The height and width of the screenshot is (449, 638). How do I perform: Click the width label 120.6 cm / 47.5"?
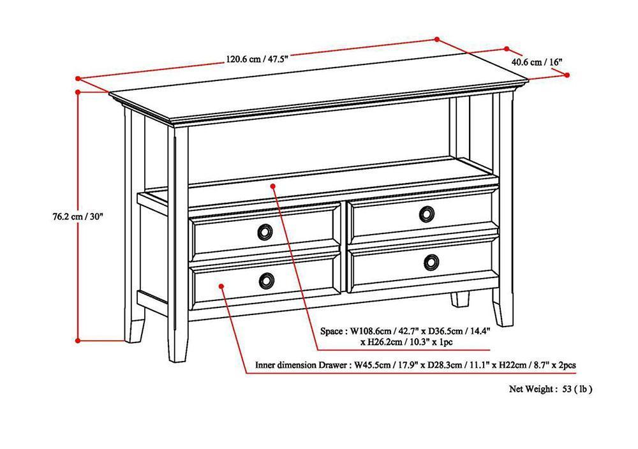(x=257, y=59)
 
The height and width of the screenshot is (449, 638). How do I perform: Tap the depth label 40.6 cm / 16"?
(x=537, y=62)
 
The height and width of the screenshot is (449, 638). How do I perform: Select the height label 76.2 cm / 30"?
(x=76, y=216)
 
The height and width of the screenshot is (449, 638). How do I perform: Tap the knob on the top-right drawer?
(x=427, y=214)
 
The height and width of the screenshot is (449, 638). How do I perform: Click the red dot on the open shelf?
(x=272, y=186)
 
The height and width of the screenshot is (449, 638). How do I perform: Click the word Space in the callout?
(x=332, y=332)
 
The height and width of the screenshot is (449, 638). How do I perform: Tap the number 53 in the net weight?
(x=568, y=388)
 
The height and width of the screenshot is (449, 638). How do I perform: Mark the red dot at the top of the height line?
(x=78, y=91)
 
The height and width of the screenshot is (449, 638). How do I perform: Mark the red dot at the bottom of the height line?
(x=78, y=341)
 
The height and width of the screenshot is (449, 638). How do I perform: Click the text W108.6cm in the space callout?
(x=373, y=332)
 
